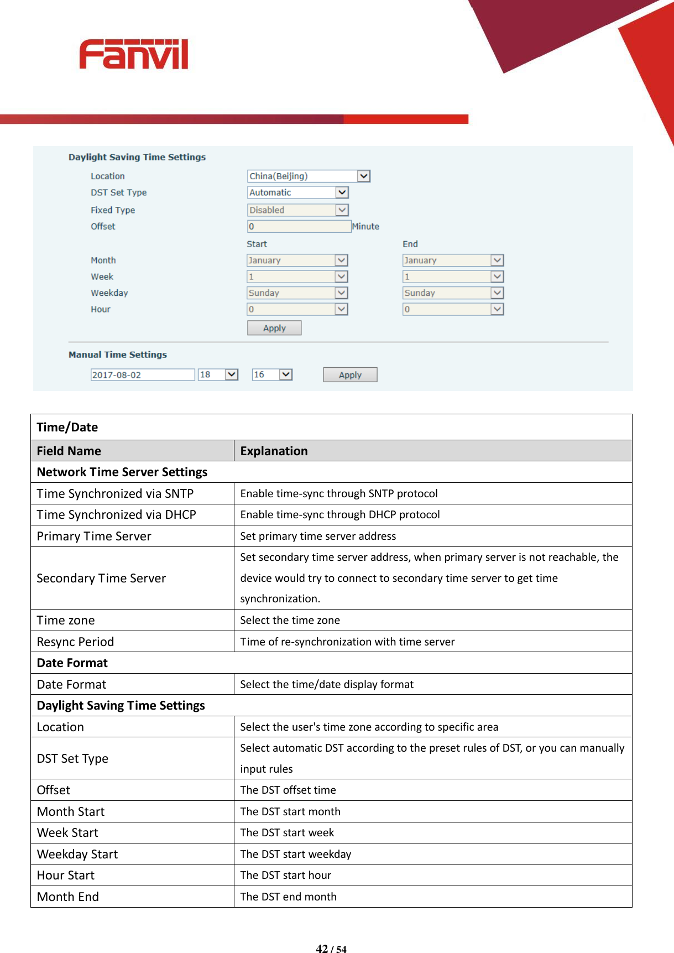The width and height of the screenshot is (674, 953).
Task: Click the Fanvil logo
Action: (133, 54)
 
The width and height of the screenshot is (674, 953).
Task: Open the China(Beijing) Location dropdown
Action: (309, 176)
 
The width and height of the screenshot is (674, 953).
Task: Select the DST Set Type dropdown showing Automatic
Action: (298, 192)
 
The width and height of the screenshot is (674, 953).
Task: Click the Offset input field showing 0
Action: (299, 226)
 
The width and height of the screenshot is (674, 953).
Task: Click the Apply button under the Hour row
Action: (274, 328)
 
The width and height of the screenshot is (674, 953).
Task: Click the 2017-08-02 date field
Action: (143, 375)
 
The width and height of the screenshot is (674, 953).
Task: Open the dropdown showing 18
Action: (218, 375)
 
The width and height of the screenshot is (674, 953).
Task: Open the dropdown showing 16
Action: (272, 375)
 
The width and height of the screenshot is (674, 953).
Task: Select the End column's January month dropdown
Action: (453, 260)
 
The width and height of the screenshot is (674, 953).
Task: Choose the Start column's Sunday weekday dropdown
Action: (297, 293)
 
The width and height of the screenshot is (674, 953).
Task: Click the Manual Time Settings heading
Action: (118, 355)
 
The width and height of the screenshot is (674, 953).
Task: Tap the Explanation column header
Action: (274, 451)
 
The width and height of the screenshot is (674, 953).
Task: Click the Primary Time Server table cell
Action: (94, 536)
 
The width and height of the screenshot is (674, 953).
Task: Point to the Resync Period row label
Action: (75, 642)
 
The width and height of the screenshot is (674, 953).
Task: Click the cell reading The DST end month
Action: (289, 897)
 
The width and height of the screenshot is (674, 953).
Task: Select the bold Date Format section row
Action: (72, 663)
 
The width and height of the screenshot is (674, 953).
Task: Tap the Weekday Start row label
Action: (77, 854)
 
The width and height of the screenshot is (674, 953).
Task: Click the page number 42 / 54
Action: (331, 949)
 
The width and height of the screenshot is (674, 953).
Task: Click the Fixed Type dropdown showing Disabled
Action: (298, 210)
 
